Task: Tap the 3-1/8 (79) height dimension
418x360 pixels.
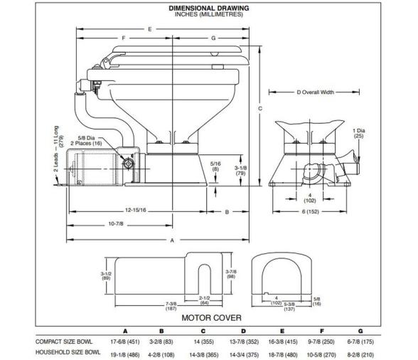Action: (242, 169)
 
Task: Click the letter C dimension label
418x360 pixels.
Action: (260, 108)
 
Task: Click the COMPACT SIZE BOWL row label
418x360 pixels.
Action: (66, 341)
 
